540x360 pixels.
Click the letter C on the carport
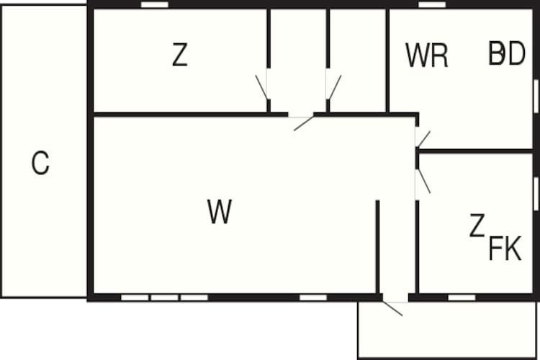tap(40, 163)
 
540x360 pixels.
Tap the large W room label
tap(220, 211)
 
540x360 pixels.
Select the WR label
tap(427, 55)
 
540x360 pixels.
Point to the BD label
tap(507, 53)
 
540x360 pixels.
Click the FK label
tap(505, 248)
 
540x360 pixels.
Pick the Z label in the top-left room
tap(179, 55)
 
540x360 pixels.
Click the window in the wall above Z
tap(155, 4)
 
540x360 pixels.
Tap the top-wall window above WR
tap(432, 4)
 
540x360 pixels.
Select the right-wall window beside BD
tap(536, 96)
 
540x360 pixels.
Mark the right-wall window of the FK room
tap(536, 194)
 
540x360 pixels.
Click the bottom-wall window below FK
tap(462, 297)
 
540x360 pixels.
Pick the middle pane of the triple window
tap(165, 297)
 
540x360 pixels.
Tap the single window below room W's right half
tap(313, 297)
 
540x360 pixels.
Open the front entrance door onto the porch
tap(392, 308)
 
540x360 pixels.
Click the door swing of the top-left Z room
tap(261, 88)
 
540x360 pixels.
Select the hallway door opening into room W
tap(303, 124)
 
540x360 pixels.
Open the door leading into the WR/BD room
tap(423, 139)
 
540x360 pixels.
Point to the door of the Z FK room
tap(423, 181)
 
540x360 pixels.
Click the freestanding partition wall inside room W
tap(377, 247)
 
